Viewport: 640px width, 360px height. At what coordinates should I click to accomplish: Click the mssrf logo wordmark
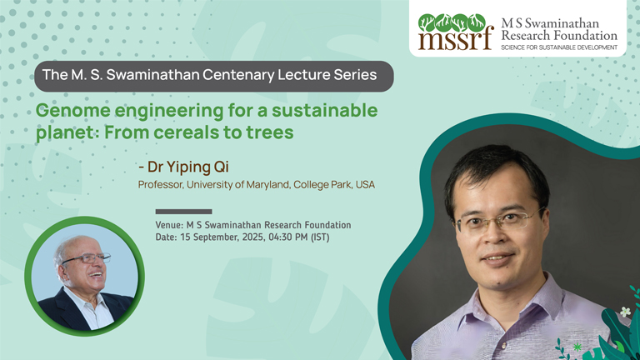tap(456, 40)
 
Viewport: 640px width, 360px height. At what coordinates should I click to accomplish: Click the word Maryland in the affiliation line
tap(267, 185)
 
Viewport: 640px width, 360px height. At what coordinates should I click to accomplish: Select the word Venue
tap(169, 225)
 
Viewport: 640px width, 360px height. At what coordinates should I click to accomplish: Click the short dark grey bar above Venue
tap(183, 212)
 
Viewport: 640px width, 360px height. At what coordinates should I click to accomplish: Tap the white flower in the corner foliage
tap(625, 312)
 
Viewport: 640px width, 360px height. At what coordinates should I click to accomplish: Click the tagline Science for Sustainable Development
tap(559, 47)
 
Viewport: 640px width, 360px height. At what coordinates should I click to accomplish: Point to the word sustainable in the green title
tap(324, 111)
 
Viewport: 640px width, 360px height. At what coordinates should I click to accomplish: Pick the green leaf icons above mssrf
tap(452, 22)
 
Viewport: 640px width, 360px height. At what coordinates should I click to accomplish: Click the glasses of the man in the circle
tap(87, 259)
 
